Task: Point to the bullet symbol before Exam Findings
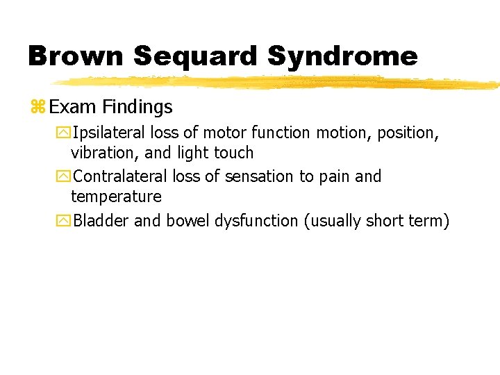(37, 107)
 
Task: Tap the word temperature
(116, 197)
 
